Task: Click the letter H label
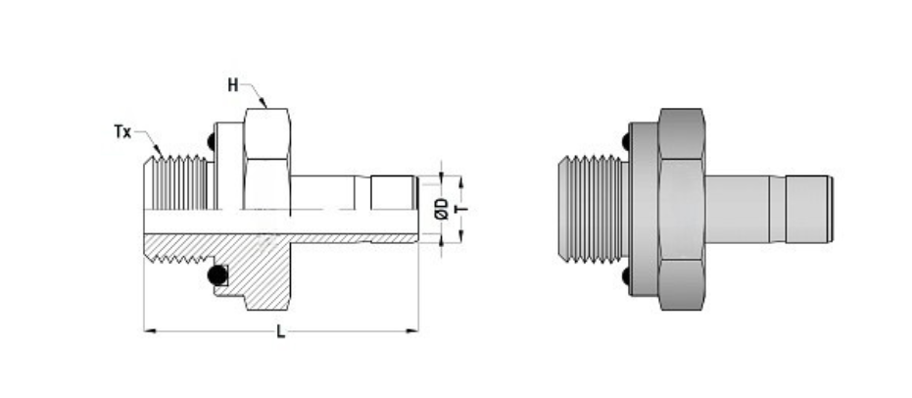point(233,85)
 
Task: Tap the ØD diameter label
point(442,208)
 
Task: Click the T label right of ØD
point(458,208)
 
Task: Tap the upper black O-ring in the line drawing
point(211,145)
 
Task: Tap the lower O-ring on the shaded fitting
point(625,278)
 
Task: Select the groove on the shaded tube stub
point(780,208)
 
